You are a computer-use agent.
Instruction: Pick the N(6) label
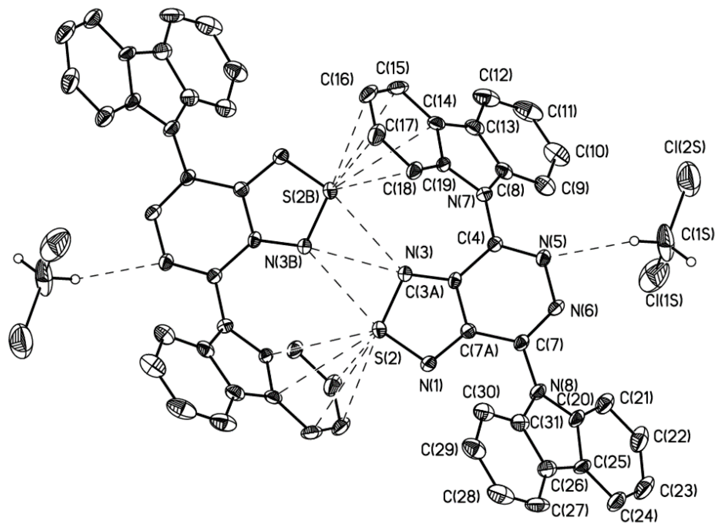click(x=584, y=311)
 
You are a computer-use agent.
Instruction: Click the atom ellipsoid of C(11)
click(x=528, y=111)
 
